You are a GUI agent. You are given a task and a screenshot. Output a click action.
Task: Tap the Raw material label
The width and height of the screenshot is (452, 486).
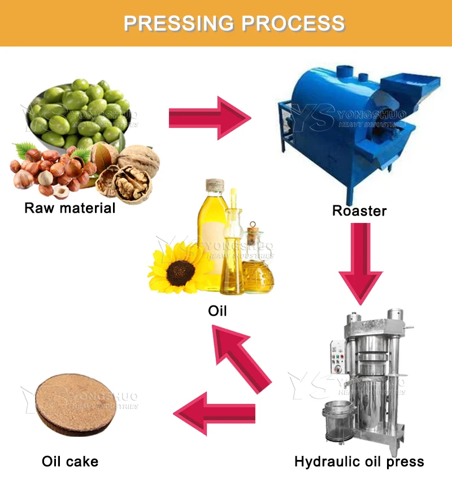coord(69,208)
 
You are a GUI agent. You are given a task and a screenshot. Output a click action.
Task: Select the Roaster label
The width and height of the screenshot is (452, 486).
coord(359,212)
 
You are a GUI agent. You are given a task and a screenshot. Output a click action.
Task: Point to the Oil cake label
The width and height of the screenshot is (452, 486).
coord(70,461)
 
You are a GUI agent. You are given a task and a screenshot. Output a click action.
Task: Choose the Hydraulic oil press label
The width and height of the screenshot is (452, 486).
coord(359,462)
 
